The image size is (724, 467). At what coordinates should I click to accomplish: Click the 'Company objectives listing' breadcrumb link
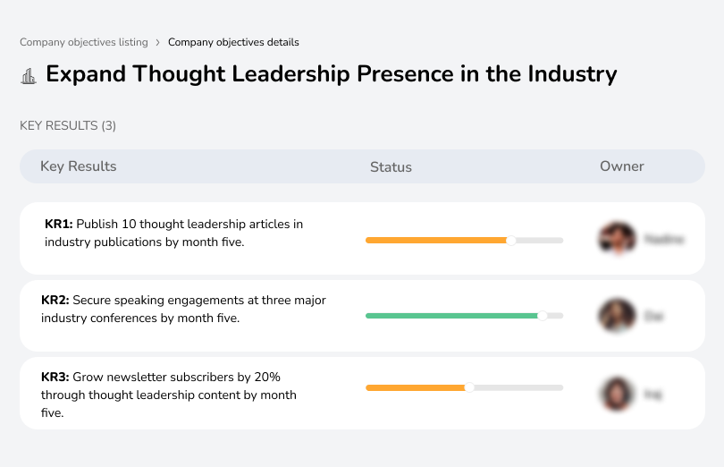coord(84,42)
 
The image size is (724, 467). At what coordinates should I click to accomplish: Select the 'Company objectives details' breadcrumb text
coord(233,42)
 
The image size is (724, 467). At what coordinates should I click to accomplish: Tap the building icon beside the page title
coord(29,75)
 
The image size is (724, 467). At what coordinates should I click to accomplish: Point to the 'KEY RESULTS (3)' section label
coord(68,126)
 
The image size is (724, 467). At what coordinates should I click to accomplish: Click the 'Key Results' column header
coord(78,166)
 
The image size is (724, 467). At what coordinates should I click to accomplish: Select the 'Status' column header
coord(391,167)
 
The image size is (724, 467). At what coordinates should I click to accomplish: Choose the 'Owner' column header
coord(622,166)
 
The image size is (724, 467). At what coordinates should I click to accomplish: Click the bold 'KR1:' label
coord(58,225)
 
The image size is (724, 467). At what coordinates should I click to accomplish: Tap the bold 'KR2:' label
coord(55,301)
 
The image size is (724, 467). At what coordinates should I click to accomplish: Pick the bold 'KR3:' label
coord(55,378)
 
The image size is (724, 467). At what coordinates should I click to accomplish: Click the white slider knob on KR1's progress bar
coord(510,240)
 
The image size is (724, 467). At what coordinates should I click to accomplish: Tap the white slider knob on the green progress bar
coord(542,316)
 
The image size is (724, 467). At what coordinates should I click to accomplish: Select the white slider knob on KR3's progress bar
coord(469,387)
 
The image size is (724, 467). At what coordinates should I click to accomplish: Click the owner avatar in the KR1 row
coord(617,239)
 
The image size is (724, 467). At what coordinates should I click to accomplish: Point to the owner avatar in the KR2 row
coord(617,316)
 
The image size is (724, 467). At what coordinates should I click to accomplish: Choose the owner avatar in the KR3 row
coord(617,394)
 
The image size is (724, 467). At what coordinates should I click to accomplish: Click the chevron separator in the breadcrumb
coord(158,42)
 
